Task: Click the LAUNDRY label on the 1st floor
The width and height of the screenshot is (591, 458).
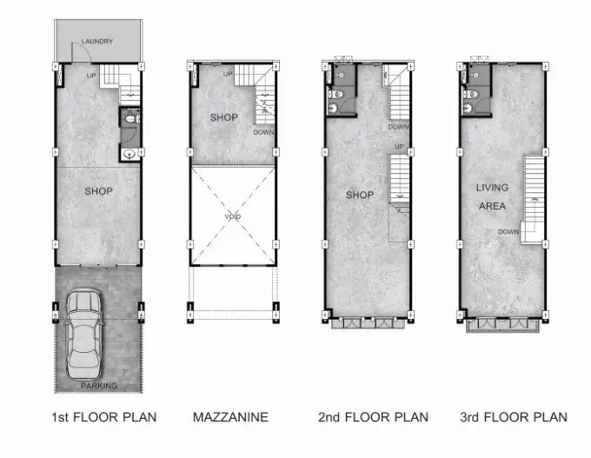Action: coord(97,41)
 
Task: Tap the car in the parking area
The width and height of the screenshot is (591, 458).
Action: coord(83,335)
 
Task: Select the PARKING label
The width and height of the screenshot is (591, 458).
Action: coord(99,386)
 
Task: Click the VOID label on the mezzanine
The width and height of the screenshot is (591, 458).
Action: coord(233,216)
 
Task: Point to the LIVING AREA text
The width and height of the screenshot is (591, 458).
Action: coord(492,196)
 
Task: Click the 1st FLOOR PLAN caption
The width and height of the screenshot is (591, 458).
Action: coord(104,417)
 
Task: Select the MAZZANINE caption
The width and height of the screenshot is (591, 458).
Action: coord(230,417)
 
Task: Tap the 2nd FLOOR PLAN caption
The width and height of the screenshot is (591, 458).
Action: coord(373,417)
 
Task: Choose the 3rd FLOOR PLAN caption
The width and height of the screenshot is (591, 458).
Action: coord(514,417)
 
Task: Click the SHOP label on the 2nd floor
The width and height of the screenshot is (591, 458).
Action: coord(360,195)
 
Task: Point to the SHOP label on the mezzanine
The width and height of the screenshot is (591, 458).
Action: coord(224,117)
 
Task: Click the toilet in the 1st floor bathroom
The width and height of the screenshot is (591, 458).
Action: coord(130,119)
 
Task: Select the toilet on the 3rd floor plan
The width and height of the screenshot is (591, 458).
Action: coord(470,94)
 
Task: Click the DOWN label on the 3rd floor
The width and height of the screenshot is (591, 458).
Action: coord(508,232)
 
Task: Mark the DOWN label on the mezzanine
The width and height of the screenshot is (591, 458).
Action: coord(263,132)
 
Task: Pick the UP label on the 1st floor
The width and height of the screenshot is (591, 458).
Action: coord(91,76)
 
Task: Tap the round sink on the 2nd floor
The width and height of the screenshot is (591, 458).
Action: coord(332,109)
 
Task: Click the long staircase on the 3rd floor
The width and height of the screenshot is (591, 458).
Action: coord(534,200)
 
